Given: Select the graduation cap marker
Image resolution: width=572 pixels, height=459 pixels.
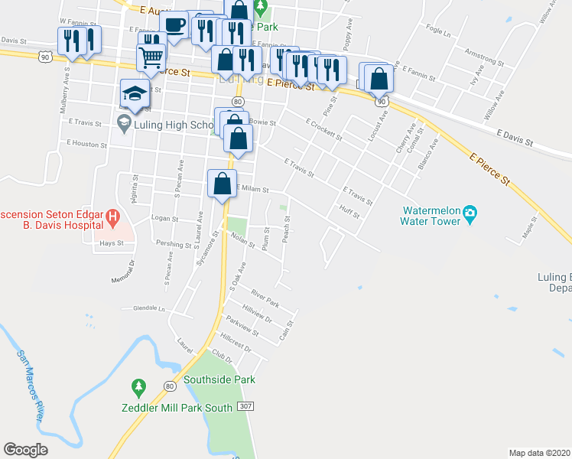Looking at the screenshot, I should tap(135, 95).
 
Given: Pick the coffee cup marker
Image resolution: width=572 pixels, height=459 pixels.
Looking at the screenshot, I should tap(174, 24).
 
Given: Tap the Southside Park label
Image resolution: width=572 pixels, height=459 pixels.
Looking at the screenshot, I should tap(219, 379).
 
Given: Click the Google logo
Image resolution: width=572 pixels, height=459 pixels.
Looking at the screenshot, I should tap(26, 450).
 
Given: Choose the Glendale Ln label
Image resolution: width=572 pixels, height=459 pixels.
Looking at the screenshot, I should tap(149, 309).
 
